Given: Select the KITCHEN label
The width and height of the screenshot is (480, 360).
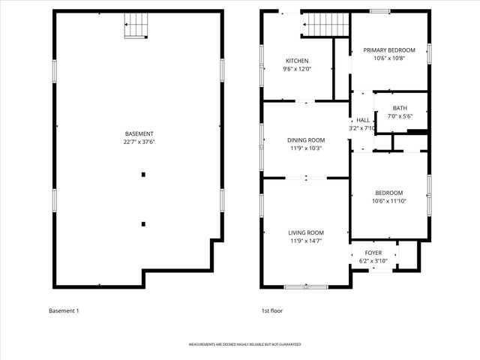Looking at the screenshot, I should (x=296, y=61).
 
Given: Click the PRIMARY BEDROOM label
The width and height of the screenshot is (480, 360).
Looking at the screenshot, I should (x=389, y=50).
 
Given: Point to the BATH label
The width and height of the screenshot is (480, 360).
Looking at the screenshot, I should (x=400, y=108).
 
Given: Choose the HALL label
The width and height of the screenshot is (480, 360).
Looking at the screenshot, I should (x=363, y=120).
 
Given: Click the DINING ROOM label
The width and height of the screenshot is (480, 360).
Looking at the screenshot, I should (x=306, y=139).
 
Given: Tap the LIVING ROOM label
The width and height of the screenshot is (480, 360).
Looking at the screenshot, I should (x=306, y=232).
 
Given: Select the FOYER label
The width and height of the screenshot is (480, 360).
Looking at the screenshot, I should (x=373, y=253).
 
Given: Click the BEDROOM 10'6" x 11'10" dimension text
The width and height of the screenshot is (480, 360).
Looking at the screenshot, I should (x=389, y=201).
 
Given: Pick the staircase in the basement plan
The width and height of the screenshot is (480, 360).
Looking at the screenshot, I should (x=135, y=25).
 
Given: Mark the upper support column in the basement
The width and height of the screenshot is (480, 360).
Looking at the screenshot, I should (x=143, y=175).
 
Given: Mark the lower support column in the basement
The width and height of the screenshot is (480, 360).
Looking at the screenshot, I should (x=143, y=223).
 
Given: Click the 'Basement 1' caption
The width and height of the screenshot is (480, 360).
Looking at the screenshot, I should (x=64, y=310).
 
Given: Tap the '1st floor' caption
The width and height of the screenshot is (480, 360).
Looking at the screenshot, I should (x=271, y=310).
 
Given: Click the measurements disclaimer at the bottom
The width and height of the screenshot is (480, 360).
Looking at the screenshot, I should (x=244, y=344).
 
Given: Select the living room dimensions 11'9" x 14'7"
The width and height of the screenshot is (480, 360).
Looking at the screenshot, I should (x=306, y=241).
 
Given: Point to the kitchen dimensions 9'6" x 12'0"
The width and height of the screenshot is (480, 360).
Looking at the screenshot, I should (x=296, y=69).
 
